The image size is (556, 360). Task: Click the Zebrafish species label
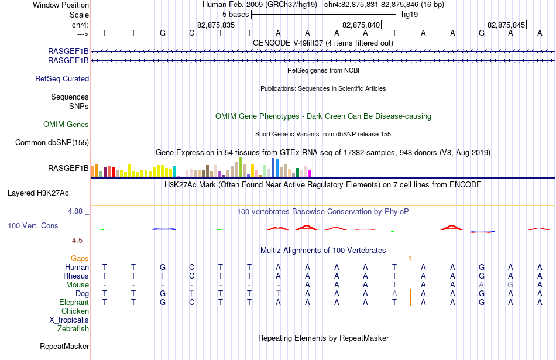click(73, 328)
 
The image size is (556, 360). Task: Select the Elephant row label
click(74, 302)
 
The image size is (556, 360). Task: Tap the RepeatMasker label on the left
click(64, 346)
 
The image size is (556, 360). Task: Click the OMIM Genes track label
click(66, 124)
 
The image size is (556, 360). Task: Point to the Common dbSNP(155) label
click(52, 142)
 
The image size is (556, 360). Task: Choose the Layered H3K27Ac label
click(38, 193)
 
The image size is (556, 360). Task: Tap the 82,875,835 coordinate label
click(216, 25)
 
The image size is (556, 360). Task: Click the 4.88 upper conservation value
click(75, 211)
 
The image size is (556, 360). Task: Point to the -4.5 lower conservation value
click(76, 241)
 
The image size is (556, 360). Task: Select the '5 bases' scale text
click(236, 15)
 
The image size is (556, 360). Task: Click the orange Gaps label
click(80, 258)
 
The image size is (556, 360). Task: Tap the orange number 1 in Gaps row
click(410, 259)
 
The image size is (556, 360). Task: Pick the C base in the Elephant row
click(191, 302)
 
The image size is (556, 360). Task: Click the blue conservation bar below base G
click(163, 229)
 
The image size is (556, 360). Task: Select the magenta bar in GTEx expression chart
click(310, 173)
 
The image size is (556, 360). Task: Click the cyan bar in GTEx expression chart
click(174, 172)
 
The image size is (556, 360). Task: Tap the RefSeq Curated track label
click(62, 79)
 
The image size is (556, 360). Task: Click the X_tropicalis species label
click(69, 320)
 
